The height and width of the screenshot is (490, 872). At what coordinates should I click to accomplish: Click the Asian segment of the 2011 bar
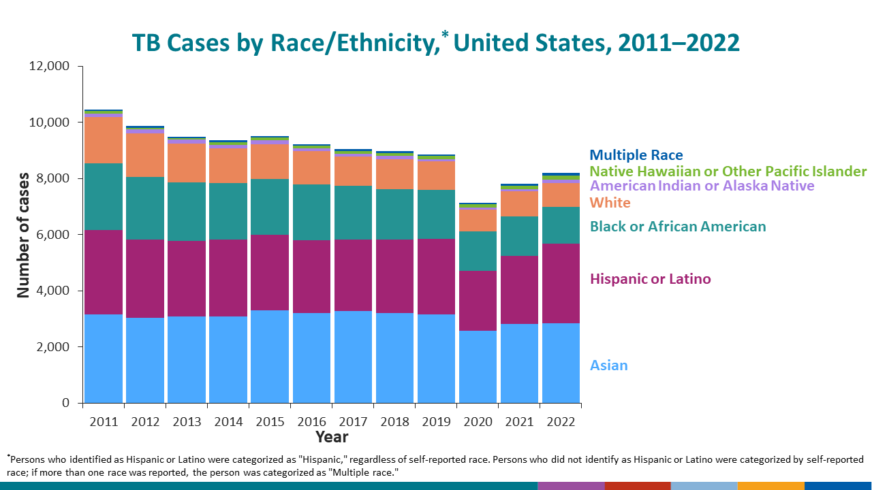coord(104,359)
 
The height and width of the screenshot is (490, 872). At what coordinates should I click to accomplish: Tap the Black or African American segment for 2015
coord(270,207)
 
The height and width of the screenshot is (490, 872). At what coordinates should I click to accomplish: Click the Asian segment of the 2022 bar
coord(561,363)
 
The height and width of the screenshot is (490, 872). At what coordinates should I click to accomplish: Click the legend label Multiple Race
coord(636,156)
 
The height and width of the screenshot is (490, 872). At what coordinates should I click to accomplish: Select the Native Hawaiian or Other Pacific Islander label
coord(728,171)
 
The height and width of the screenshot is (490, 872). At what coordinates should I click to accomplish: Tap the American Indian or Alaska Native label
coord(702,186)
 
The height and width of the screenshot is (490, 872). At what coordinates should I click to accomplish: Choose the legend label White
coord(610,203)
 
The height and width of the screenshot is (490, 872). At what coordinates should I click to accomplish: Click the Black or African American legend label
coord(677,227)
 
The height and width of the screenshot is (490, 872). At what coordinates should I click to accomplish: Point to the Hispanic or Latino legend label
coord(650,279)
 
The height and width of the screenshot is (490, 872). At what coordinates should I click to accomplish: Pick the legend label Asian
coord(608,365)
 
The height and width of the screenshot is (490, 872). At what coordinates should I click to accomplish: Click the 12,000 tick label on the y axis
coord(49,67)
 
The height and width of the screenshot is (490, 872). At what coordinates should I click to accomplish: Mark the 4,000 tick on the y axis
coord(52,291)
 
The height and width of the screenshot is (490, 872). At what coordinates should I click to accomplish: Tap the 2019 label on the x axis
coord(436,422)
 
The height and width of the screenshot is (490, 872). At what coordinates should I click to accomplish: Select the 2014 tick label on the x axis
coord(228,422)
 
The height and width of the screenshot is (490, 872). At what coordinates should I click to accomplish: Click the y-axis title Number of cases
coord(24,235)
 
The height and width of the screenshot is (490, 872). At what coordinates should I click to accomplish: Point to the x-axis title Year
coord(332,437)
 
